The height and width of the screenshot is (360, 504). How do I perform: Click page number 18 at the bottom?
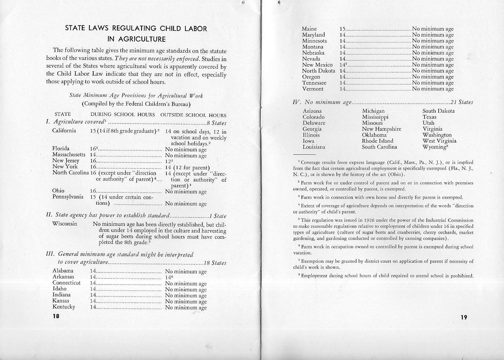click(56, 316)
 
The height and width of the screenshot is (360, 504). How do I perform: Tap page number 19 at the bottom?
click(464, 317)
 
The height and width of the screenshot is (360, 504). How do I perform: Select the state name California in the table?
click(64, 131)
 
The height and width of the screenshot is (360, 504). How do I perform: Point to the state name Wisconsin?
click(65, 224)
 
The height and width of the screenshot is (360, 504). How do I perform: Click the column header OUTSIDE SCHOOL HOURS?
click(193, 115)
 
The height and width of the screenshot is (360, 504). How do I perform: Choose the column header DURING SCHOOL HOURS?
click(123, 115)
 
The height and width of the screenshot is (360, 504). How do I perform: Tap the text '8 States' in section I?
click(217, 123)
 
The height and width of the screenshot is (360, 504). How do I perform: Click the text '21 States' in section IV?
click(462, 102)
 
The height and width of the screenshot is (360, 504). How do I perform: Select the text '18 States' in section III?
click(215, 263)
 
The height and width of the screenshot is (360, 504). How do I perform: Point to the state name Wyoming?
click(435, 147)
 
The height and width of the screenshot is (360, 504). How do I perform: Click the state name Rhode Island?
click(377, 141)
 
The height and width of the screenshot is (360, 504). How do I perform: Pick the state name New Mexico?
click(317, 65)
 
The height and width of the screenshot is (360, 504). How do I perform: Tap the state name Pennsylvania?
click(68, 197)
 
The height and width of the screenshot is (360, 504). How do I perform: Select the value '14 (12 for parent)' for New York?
click(187, 168)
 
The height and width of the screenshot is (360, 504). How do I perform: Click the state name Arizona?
click(312, 111)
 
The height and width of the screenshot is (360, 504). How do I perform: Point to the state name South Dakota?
click(438, 111)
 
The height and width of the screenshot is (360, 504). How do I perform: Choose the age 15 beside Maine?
click(342, 29)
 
